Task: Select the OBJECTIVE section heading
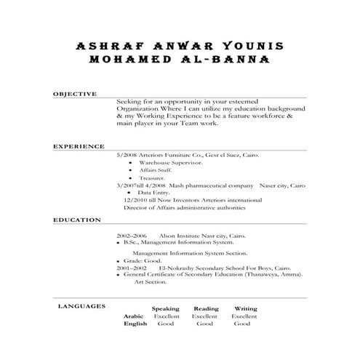click(x=76, y=95)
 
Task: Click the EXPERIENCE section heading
click(x=79, y=146)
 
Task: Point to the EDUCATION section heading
click(x=77, y=219)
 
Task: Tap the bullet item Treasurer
click(x=153, y=177)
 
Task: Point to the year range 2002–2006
click(x=132, y=236)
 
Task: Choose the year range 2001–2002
click(x=132, y=268)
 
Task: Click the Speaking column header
click(x=165, y=309)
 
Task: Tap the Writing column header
click(x=245, y=309)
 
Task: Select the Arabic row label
click(x=134, y=317)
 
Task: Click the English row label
click(x=135, y=325)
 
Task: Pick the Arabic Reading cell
click(x=204, y=317)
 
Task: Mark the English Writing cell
click(x=242, y=325)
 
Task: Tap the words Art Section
click(x=149, y=282)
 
